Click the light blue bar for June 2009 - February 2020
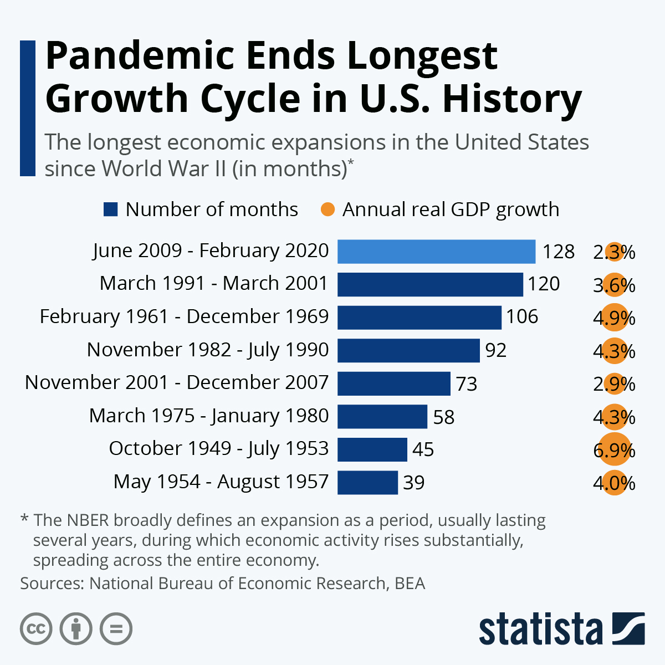tap(436, 252)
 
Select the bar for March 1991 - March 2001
tap(430, 284)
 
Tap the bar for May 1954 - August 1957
tap(367, 482)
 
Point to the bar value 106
tap(522, 317)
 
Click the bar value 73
tap(467, 383)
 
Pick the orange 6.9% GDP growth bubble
tap(614, 450)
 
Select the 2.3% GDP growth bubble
tap(614, 252)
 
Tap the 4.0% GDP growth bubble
tap(614, 483)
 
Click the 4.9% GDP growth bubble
tap(614, 318)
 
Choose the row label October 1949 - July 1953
tap(219, 448)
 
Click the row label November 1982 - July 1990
tap(208, 350)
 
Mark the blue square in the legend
tap(111, 209)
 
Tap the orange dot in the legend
tap(328, 209)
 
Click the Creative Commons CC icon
tap(36, 628)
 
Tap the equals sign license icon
tap(116, 628)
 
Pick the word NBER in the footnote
tap(89, 520)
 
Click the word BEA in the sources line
tap(410, 584)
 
